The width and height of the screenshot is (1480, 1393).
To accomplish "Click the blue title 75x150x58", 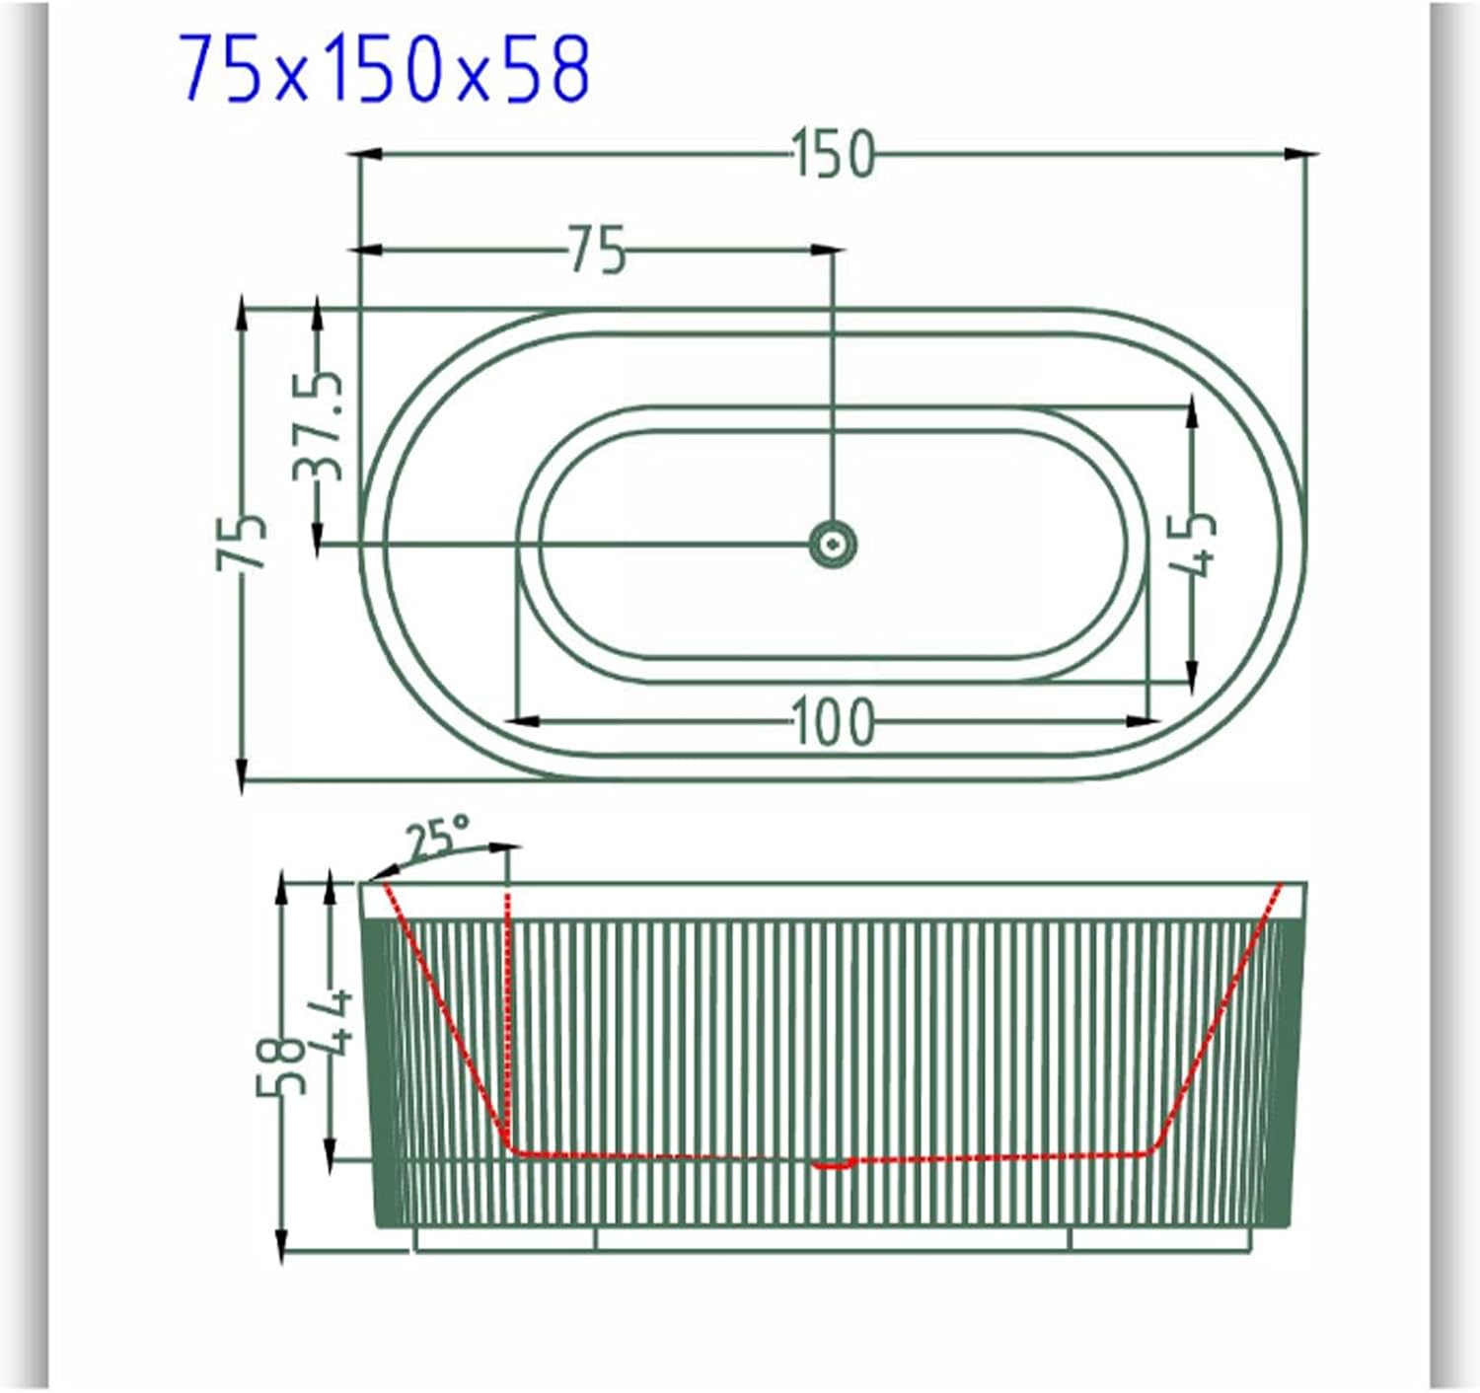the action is [x=384, y=69].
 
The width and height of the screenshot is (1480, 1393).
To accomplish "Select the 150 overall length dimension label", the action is [x=833, y=154].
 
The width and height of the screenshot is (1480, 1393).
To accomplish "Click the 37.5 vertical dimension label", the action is [x=319, y=425].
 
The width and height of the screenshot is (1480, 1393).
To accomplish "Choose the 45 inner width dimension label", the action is [x=1192, y=544].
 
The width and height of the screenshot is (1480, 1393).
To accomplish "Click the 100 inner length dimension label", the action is [x=833, y=721].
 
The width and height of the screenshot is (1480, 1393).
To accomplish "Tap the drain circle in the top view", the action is [x=833, y=545].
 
